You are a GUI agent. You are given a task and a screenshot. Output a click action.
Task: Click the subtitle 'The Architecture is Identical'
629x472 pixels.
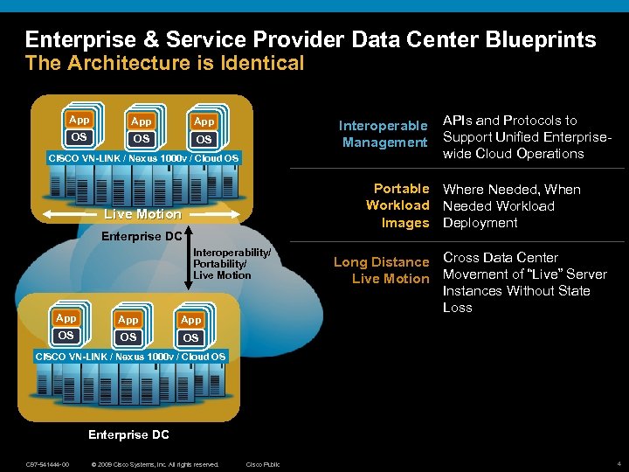point(165,63)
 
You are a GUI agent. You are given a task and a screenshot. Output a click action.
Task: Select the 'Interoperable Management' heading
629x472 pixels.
point(384,134)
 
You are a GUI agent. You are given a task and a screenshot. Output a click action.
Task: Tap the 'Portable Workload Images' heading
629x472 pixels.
point(397,205)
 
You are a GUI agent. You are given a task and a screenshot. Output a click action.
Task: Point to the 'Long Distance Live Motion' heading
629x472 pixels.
point(382,270)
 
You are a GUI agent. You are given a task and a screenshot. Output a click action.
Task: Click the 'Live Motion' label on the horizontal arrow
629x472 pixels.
point(142,214)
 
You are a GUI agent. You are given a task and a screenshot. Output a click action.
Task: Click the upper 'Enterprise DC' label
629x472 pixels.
point(142,236)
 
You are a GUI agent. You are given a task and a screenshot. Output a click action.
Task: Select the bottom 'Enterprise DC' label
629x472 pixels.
point(129,434)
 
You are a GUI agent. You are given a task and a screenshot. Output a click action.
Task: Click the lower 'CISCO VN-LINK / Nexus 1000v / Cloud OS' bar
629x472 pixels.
point(130,357)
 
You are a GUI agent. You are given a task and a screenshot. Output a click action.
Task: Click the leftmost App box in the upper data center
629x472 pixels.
point(79,119)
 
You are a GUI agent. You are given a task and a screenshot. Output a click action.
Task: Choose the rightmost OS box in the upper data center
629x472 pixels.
point(204,139)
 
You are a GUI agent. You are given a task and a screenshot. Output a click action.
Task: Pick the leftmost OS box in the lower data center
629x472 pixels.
point(66,336)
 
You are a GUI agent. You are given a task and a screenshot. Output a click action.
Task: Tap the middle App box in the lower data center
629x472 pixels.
point(128,320)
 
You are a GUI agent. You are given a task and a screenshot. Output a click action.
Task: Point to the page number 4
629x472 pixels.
point(619,463)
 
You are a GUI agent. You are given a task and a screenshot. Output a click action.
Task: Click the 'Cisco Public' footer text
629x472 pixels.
point(263,463)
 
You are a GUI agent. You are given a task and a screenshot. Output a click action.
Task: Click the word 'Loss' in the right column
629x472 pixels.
point(458,308)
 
